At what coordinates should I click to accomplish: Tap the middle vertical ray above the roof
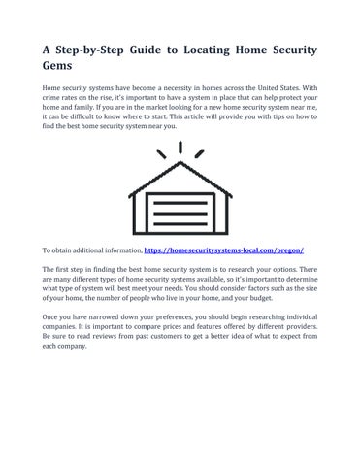click(180, 148)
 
